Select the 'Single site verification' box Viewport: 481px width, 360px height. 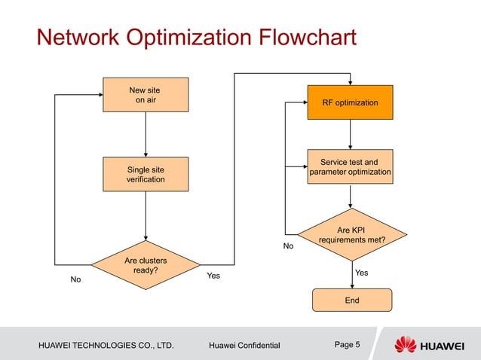[x=146, y=174]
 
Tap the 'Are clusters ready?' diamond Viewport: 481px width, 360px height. [x=146, y=265]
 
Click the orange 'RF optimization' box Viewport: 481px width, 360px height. [x=350, y=102]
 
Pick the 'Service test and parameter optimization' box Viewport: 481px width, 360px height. [x=350, y=167]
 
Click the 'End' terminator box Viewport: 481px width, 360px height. [x=351, y=300]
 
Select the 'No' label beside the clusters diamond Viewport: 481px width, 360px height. [x=75, y=279]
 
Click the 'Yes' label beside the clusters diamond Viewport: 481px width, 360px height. [x=213, y=276]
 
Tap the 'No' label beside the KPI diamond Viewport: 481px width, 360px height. [x=288, y=246]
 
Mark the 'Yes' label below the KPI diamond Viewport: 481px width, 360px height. [x=362, y=273]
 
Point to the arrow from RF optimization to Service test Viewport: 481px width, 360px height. [x=350, y=134]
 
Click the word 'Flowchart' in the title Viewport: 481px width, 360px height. [x=293, y=37]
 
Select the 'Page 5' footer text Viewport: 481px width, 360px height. [x=347, y=345]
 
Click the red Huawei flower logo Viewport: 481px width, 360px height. [x=405, y=345]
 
